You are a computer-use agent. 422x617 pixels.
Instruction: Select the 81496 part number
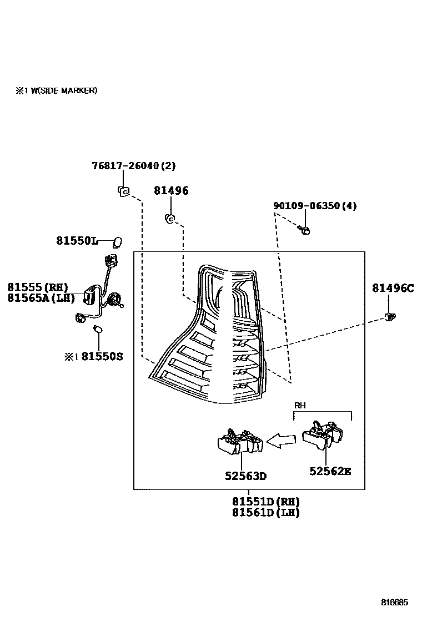171,190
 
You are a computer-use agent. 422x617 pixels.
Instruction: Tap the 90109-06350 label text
307,206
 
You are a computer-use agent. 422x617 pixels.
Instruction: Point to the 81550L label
77,240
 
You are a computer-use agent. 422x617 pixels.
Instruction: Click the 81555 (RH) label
38,287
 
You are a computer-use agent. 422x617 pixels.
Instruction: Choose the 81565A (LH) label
41,298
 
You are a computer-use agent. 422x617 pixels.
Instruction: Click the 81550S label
102,357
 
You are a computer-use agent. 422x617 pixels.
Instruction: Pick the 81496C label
393,289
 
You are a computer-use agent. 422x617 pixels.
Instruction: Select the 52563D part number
245,476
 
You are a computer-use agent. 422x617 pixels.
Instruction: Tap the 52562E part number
330,471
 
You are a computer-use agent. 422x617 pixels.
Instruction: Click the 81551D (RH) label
266,502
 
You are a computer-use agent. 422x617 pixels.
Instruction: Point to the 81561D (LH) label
266,512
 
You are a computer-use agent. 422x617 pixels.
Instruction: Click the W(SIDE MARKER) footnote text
64,91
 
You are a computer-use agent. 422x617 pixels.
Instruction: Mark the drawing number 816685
394,602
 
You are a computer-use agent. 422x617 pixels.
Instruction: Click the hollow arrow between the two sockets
281,441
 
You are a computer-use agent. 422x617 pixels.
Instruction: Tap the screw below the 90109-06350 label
304,230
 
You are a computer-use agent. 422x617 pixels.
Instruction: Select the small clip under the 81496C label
390,316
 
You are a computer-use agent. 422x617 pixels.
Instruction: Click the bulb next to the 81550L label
117,242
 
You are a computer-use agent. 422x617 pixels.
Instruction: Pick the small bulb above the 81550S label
98,328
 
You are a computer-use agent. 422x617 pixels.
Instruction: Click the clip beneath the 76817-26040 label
123,191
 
